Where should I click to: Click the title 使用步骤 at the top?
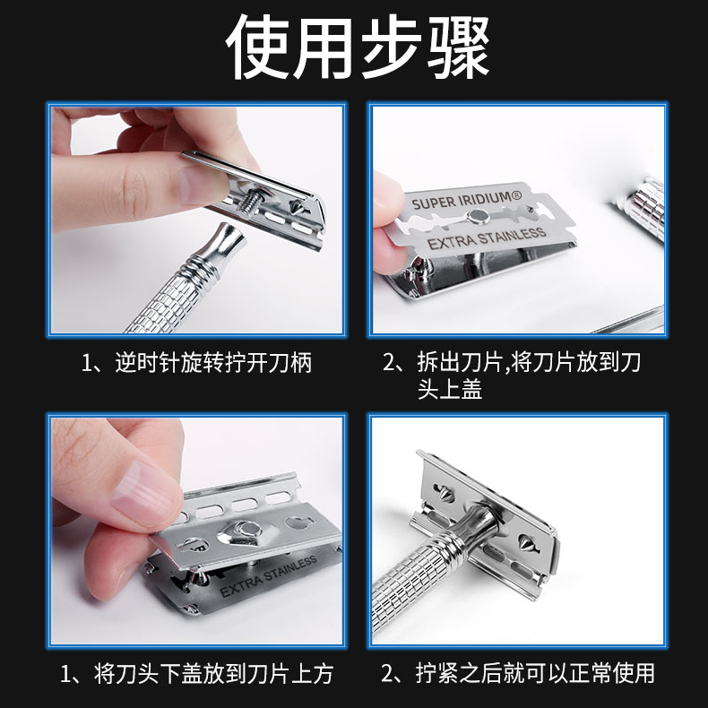358,47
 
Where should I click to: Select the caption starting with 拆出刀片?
512,376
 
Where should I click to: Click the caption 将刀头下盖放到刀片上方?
197,673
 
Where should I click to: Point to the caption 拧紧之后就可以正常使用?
518,673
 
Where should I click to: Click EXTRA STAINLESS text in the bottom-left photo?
268,576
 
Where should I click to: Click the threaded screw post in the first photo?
246,197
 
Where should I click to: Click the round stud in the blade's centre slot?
479,217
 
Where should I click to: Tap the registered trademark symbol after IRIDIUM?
517,195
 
